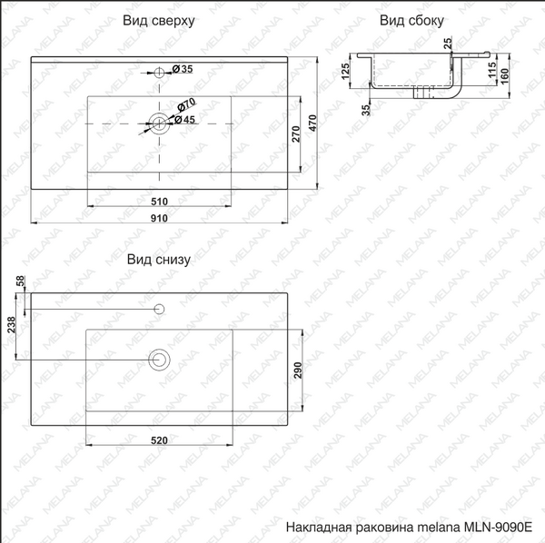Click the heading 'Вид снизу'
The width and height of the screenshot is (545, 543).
159,260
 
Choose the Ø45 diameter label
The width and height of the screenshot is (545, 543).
185,120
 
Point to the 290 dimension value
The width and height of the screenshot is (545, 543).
295,370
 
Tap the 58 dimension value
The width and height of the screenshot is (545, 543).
19,285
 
